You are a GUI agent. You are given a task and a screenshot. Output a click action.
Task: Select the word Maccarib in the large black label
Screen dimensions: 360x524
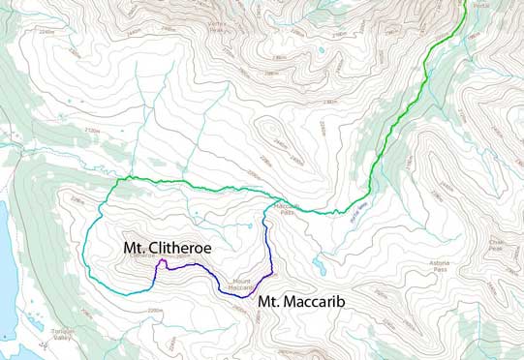click(310, 302)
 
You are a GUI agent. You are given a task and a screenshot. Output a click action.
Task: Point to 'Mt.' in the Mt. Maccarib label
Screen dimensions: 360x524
click(268, 302)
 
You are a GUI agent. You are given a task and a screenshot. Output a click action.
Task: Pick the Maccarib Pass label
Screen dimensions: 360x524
click(284, 208)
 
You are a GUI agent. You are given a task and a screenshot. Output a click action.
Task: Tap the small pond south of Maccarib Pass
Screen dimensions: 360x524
click(320, 267)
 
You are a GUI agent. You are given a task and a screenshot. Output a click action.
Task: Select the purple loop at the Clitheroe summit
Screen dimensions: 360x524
click(162, 262)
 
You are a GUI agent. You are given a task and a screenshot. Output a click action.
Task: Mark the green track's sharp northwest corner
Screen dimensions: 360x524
click(118, 179)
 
